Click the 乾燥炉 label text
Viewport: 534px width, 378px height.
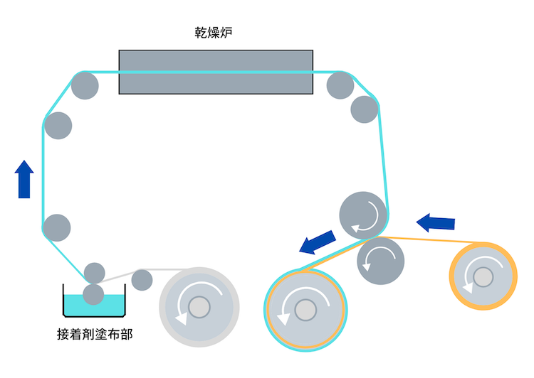click(x=216, y=33)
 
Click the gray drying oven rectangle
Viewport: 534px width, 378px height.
click(x=216, y=72)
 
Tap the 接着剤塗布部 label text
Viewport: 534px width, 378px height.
click(x=94, y=333)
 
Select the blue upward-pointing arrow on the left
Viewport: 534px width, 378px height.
click(x=25, y=179)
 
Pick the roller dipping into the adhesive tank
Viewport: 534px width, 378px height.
click(x=94, y=293)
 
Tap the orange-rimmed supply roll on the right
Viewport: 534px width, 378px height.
click(x=483, y=275)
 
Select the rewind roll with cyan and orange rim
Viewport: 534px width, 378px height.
click(x=305, y=310)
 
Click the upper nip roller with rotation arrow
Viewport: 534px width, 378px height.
click(x=363, y=214)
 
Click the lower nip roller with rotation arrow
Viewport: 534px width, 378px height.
click(x=380, y=261)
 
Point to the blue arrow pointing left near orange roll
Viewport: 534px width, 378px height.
click(x=436, y=222)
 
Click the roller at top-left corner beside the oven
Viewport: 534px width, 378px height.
click(x=85, y=85)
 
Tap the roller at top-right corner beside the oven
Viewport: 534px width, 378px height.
click(x=340, y=85)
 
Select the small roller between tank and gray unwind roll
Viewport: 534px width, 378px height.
click(x=142, y=279)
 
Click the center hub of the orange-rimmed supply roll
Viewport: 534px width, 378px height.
click(x=483, y=275)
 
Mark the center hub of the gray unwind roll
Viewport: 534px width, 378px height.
click(x=199, y=307)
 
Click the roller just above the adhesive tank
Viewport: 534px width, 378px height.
click(x=95, y=272)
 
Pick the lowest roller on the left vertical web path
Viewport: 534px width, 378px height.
click(x=56, y=228)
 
